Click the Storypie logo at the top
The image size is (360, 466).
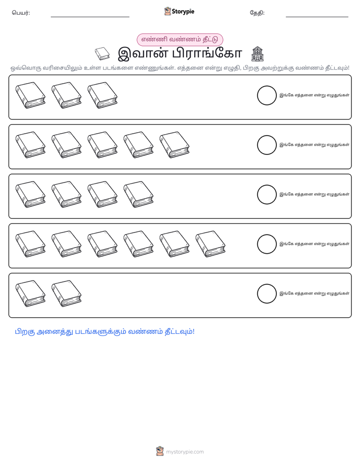coord(179,11)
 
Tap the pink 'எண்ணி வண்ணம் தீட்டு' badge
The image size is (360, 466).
coord(179,39)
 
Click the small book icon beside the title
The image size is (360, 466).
coord(102,54)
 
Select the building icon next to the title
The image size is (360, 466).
coord(257,54)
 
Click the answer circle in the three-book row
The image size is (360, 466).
coord(267,95)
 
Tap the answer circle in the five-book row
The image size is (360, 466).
coord(267,145)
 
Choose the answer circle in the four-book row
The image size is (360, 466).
coord(267,195)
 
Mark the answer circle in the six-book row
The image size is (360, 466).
coord(267,244)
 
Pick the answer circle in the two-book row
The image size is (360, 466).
coord(267,294)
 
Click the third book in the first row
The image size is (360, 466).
coord(102,95)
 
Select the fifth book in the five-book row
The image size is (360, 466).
coord(174,145)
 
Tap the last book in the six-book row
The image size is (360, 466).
coord(211,244)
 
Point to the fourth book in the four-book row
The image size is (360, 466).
coord(139,194)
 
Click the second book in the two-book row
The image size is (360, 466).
coord(67,294)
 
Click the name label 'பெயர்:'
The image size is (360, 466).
coord(21,13)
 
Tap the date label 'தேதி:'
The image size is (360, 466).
coord(257,13)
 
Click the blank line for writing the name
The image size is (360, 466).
coord(90,17)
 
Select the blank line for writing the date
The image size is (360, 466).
coord(317,17)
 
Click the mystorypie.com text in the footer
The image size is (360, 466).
coord(185,452)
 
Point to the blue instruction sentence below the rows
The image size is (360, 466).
coord(104,332)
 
